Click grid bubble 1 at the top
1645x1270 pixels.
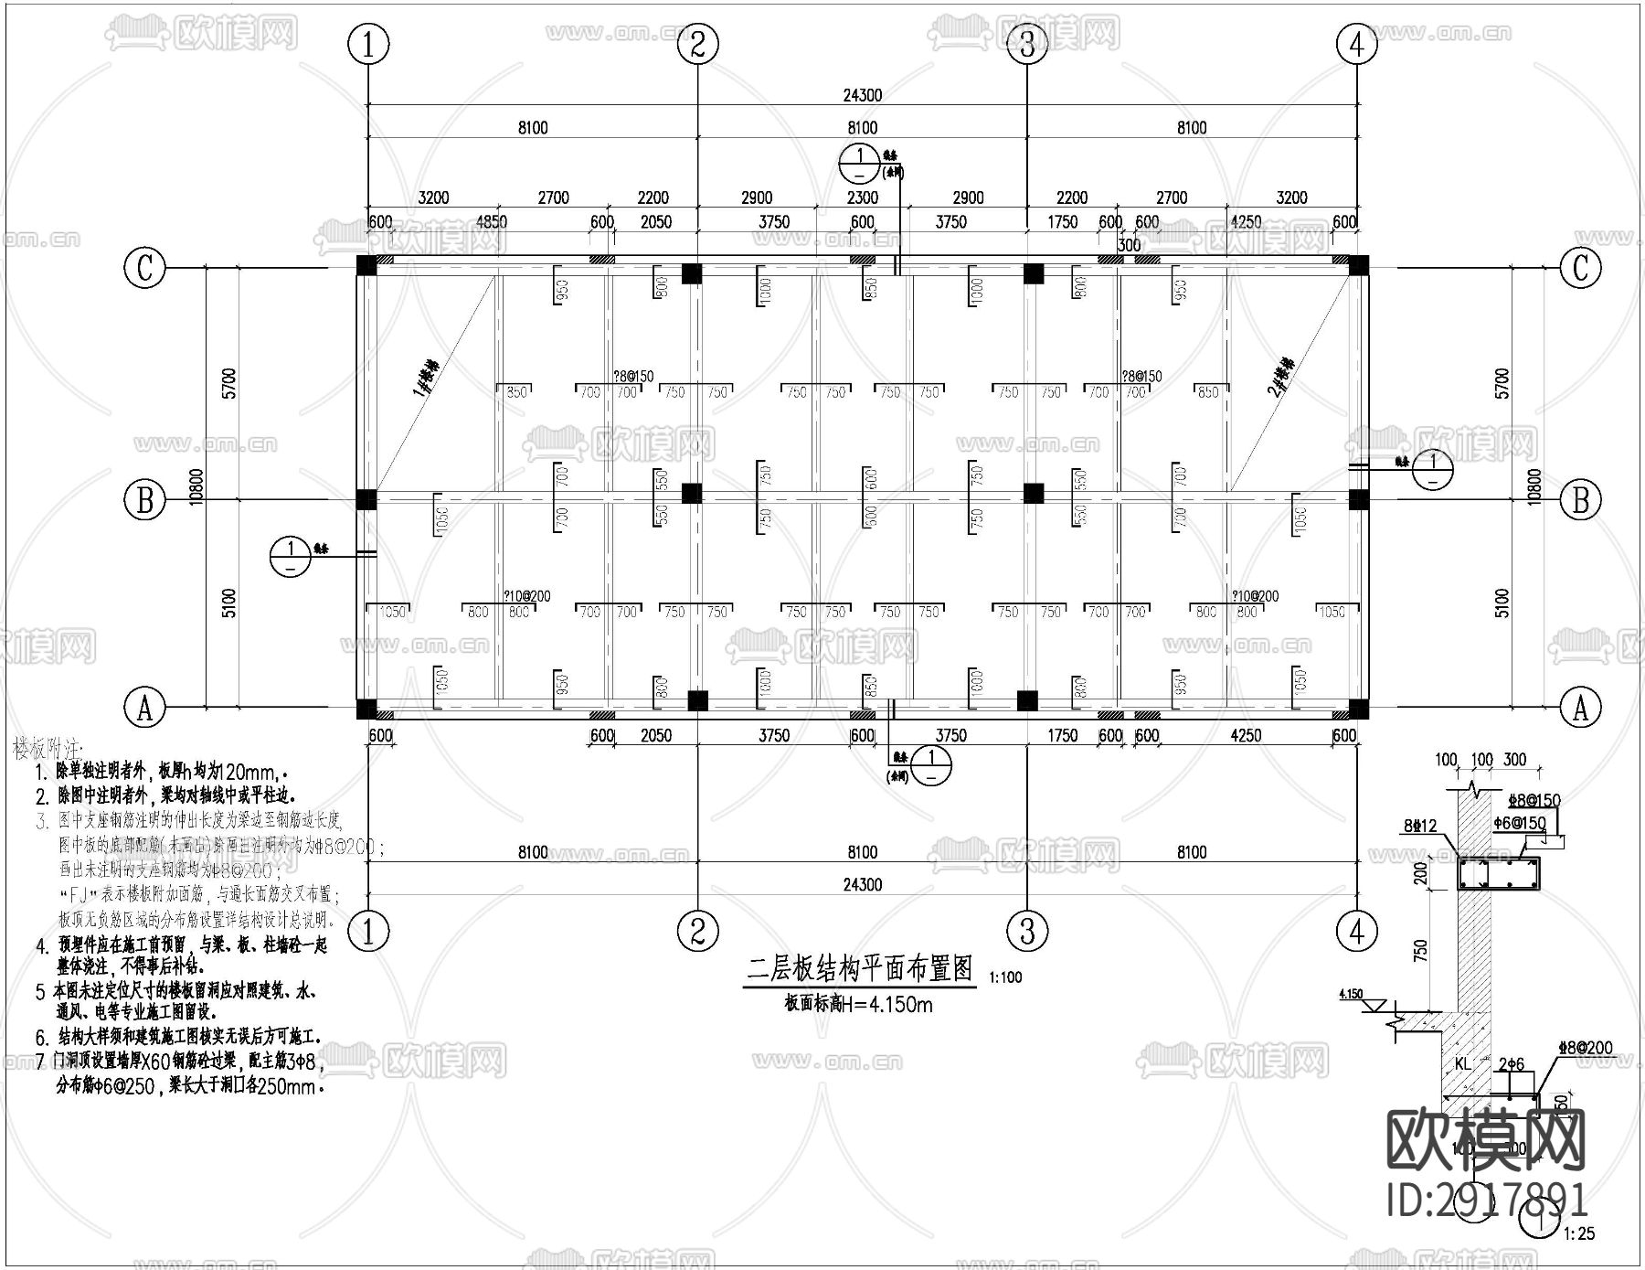pos(369,44)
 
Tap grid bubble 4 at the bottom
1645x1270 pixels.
pos(1356,932)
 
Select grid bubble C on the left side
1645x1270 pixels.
pos(144,268)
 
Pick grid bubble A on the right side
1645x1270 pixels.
pos(1580,707)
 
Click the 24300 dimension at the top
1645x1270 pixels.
pos(862,95)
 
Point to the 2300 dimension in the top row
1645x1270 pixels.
pos(862,197)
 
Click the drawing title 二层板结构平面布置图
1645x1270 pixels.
pos(860,968)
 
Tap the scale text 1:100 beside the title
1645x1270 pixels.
pos(1005,977)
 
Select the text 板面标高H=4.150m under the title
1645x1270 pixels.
pos(858,1004)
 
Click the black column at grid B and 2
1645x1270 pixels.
pos(692,494)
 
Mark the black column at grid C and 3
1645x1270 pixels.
pos(1033,272)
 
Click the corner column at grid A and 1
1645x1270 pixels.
pos(366,709)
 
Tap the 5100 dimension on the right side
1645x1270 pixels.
pos(1502,603)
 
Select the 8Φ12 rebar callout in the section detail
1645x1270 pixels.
pos(1421,827)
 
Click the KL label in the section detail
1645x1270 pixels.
pos(1462,1064)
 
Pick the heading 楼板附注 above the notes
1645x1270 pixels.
pos(48,749)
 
